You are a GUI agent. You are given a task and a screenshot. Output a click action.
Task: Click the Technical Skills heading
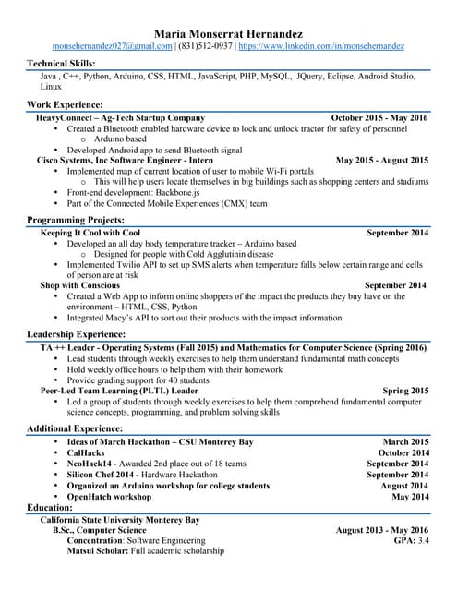[66, 63]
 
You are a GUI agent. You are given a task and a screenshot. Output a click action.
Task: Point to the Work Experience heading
[65, 105]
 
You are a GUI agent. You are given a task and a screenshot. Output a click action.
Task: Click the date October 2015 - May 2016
[379, 118]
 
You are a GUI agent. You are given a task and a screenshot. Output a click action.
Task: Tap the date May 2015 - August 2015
[381, 160]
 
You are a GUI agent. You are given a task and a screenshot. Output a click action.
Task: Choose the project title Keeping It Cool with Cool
[90, 233]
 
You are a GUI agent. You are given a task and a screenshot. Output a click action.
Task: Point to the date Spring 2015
[405, 391]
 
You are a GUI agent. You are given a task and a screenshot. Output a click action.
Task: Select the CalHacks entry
[88, 453]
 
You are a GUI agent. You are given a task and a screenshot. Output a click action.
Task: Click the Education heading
[51, 508]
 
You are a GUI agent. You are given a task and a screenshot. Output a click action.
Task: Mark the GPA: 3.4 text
[411, 540]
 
